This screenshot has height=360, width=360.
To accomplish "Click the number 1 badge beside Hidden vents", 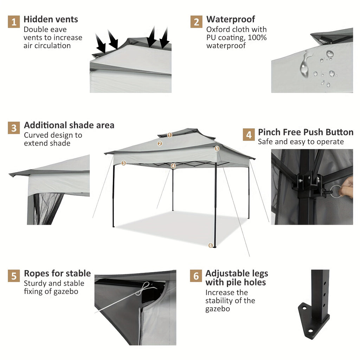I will pyautogui.click(x=14, y=22).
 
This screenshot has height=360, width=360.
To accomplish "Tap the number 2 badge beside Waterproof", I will pyautogui.click(x=197, y=22).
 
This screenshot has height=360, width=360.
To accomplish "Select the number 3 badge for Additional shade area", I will pyautogui.click(x=14, y=128).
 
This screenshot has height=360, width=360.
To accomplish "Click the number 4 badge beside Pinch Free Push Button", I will pyautogui.click(x=249, y=135).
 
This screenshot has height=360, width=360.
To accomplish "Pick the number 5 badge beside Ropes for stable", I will pyautogui.click(x=14, y=276).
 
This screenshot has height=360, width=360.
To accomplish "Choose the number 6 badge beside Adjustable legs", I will pyautogui.click(x=196, y=276).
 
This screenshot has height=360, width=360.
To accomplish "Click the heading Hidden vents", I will pyautogui.click(x=51, y=19).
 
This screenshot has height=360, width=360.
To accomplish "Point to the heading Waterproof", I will pyautogui.click(x=231, y=19).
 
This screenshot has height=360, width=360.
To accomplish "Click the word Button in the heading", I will pyautogui.click(x=339, y=132).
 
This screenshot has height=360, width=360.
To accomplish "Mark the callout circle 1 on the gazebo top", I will pyautogui.click(x=170, y=135).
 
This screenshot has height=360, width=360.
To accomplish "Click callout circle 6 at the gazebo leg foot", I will pyautogui.click(x=211, y=245).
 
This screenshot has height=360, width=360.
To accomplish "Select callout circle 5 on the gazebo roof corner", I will pyautogui.click(x=217, y=149).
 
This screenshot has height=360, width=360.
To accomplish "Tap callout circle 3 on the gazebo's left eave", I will pyautogui.click(x=123, y=163).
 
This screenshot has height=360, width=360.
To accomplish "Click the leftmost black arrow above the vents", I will pyautogui.click(x=101, y=44).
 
